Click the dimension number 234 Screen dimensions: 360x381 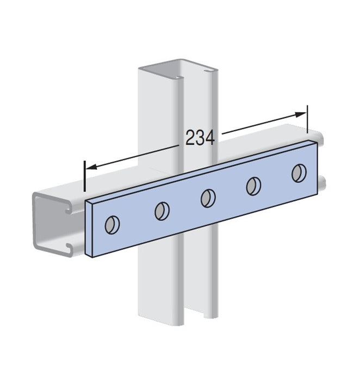(x=200, y=138)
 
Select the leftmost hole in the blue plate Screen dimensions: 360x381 (x=112, y=225)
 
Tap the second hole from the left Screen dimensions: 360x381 (x=162, y=211)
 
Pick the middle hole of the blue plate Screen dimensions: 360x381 (x=208, y=198)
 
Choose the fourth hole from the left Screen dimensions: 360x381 (x=253, y=186)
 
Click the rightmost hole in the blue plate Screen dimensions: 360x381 (x=299, y=173)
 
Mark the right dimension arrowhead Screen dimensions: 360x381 (x=300, y=114)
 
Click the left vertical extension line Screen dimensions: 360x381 (x=84, y=176)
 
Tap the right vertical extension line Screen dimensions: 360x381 (x=307, y=119)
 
